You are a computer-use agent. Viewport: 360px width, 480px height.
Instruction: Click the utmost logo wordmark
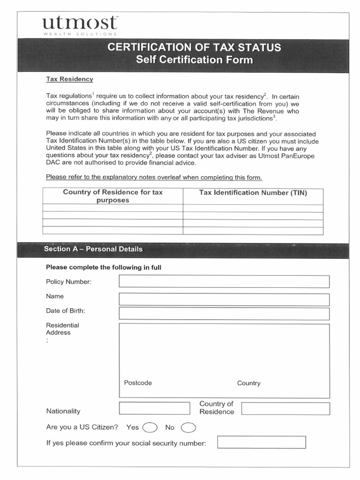80,23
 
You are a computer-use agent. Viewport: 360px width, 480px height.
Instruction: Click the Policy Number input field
224,281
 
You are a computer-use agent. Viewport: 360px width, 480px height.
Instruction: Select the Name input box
224,299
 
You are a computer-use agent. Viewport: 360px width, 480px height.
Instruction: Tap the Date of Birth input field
224,314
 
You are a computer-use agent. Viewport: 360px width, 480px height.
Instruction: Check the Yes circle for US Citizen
150,427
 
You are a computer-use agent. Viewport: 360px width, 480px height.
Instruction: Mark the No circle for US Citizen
188,427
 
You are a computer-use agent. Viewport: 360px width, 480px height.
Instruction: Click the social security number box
261,442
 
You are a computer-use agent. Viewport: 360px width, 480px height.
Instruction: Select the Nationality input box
155,408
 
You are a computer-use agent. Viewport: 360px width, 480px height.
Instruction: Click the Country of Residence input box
285,408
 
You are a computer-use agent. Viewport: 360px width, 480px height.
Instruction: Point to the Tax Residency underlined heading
69,79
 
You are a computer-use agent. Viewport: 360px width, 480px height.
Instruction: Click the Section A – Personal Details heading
93,249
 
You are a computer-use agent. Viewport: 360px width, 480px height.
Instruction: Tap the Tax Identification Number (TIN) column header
253,193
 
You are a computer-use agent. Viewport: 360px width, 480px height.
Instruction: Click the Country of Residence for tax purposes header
112,196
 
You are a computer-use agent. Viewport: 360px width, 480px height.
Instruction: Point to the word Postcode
138,382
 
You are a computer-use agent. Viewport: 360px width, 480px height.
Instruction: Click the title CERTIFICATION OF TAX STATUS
194,47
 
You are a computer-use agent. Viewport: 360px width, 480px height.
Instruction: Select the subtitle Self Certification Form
194,60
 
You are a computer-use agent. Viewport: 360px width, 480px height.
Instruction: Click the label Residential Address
62,329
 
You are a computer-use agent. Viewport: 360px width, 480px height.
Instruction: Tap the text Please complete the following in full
104,267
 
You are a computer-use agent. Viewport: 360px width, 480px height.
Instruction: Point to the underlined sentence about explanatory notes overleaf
154,177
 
